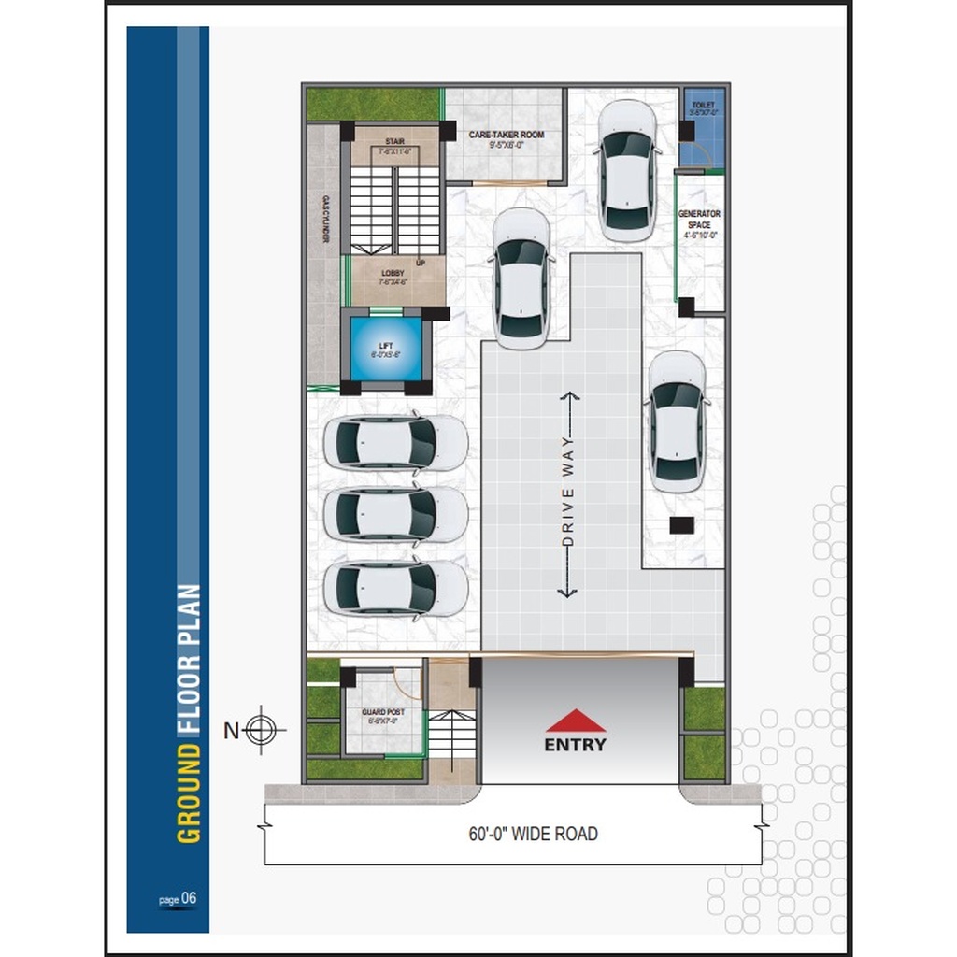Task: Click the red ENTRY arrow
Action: click(576, 721)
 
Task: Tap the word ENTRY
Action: click(576, 745)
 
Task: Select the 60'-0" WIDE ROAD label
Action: click(533, 834)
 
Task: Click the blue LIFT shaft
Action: click(386, 350)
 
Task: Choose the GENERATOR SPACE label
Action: click(699, 224)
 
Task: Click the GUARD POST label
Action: click(383, 716)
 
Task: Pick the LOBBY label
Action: click(393, 277)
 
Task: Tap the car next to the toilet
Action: click(626, 170)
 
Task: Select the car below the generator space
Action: click(677, 421)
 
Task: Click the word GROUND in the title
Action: click(189, 795)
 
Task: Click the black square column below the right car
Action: click(682, 524)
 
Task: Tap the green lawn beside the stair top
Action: click(373, 103)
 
